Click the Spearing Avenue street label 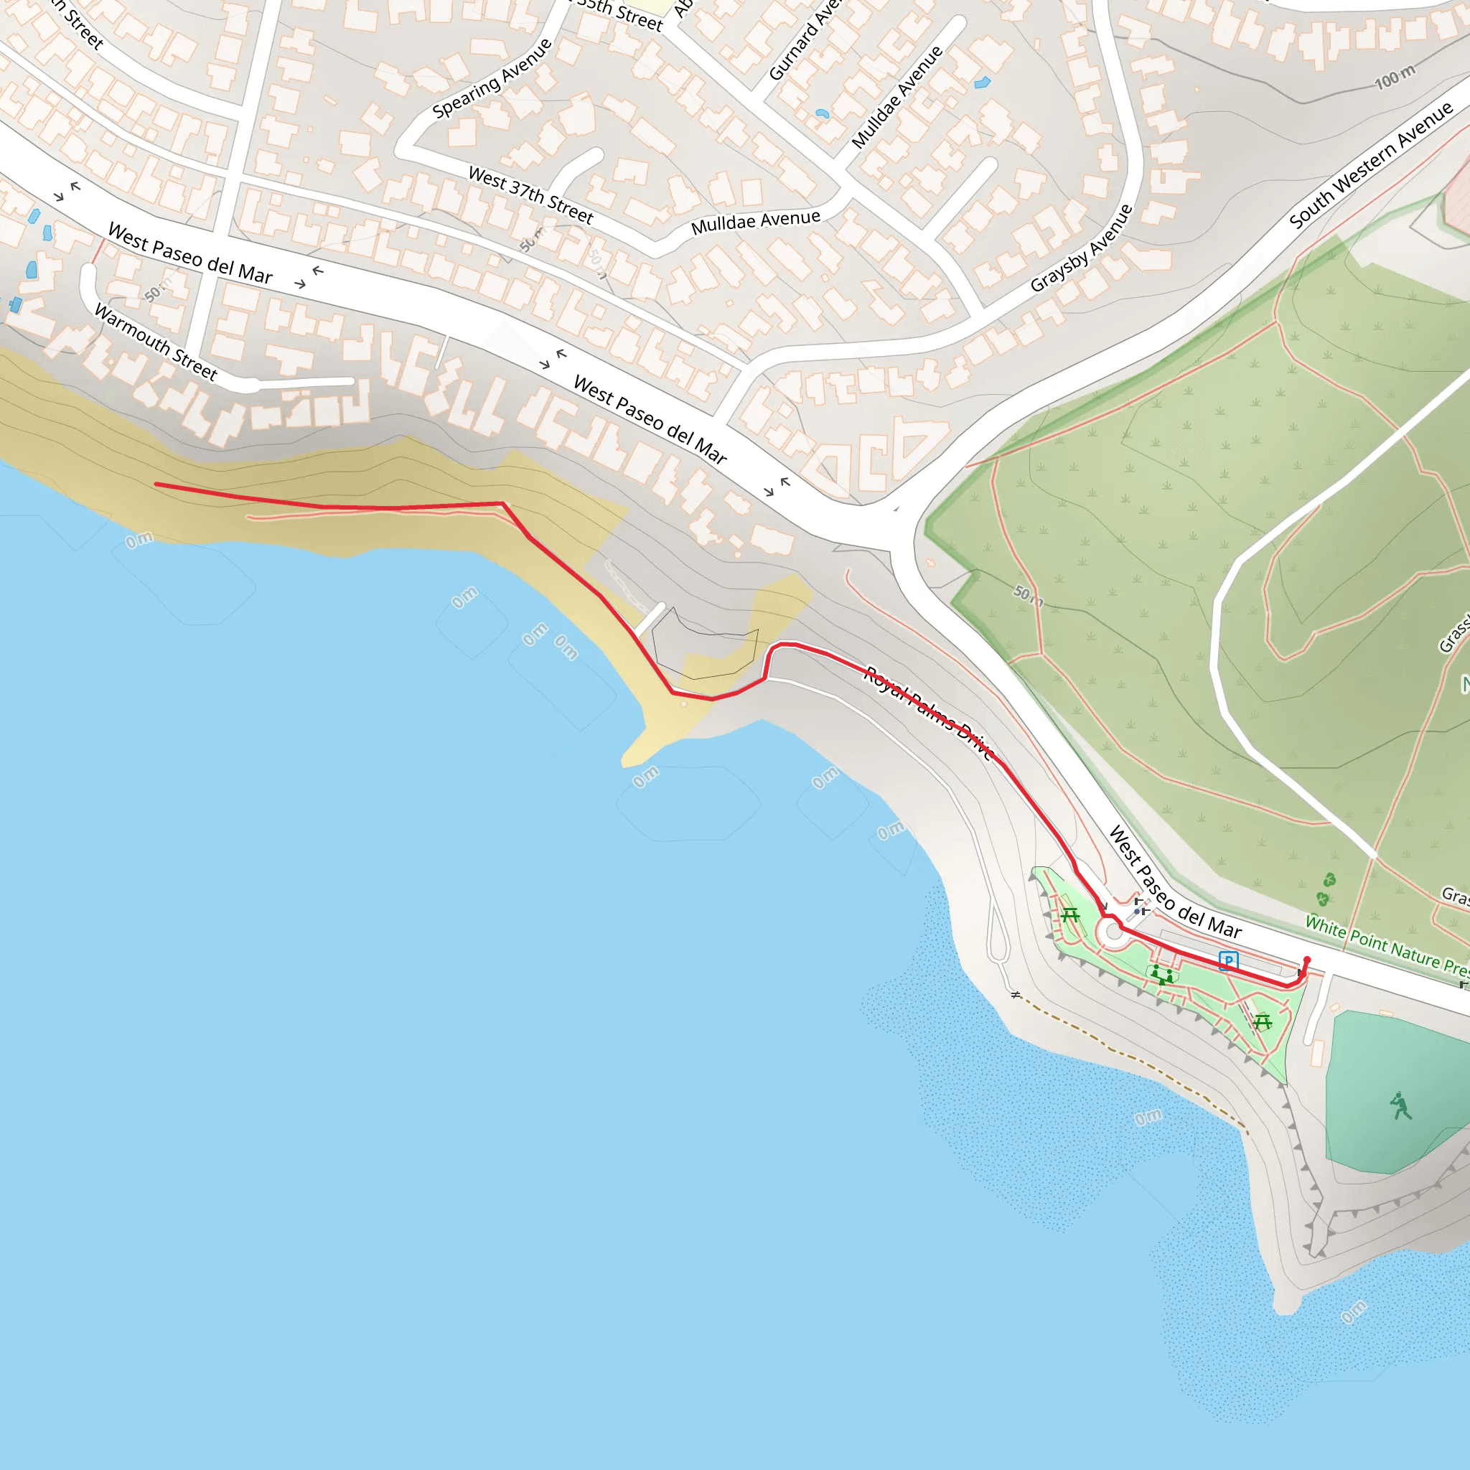[492, 78]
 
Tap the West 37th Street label [530, 195]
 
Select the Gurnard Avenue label [804, 42]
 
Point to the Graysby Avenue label [1081, 248]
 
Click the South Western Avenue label [1370, 164]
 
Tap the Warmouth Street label [155, 342]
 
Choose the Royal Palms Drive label [929, 712]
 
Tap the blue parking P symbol [1228, 961]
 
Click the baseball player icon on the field [1400, 1106]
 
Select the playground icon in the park [1162, 975]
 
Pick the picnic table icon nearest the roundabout [1070, 914]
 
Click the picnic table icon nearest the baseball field [1263, 1022]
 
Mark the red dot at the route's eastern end [1307, 960]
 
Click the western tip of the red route [156, 484]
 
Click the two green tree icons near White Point [1326, 889]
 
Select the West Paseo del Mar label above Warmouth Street [189, 253]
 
